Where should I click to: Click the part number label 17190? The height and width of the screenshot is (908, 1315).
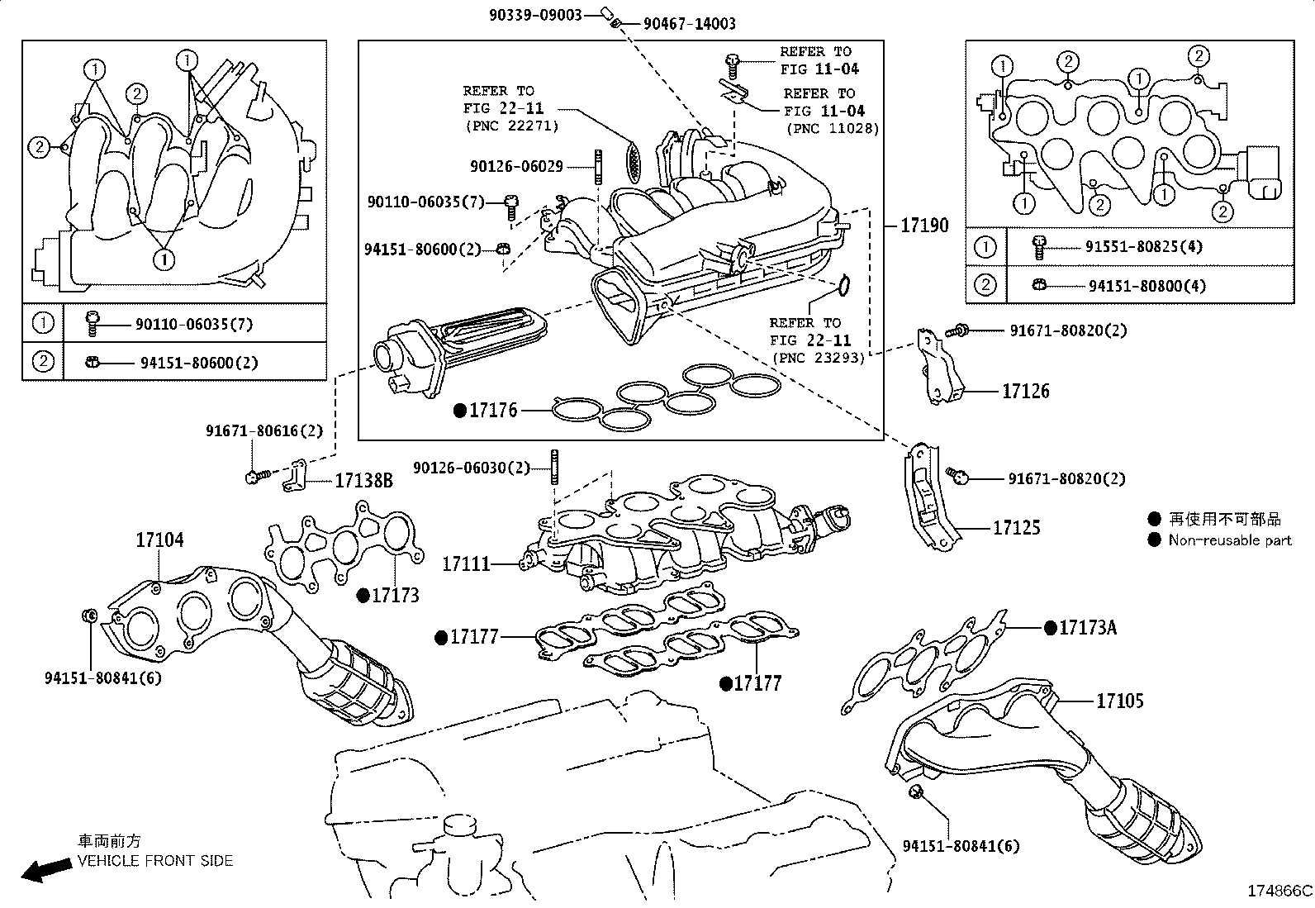click(x=924, y=225)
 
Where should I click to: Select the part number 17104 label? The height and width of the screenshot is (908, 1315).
click(x=160, y=540)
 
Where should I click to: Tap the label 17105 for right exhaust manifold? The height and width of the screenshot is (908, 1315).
click(x=1120, y=701)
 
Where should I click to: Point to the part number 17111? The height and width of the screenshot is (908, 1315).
click(x=467, y=563)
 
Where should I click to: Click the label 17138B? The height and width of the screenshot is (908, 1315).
click(x=363, y=480)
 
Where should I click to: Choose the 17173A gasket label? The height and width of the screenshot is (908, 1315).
click(x=1088, y=627)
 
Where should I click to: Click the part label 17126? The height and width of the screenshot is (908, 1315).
click(x=1026, y=391)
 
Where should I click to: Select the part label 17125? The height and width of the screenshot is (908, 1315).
click(x=1017, y=527)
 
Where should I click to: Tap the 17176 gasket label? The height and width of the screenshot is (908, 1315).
click(x=493, y=409)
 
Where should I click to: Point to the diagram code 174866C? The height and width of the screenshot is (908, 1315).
click(x=1279, y=891)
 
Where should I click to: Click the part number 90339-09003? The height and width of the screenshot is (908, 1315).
click(x=535, y=14)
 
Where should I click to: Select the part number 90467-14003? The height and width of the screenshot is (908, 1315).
click(x=689, y=24)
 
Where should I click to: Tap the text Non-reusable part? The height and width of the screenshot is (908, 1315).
click(x=1230, y=540)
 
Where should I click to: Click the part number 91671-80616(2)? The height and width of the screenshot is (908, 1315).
click(x=264, y=430)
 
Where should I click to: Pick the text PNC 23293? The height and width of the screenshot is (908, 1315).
click(x=818, y=358)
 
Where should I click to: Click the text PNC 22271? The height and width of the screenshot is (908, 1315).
click(x=512, y=126)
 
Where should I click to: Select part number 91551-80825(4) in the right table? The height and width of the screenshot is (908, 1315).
click(x=1144, y=246)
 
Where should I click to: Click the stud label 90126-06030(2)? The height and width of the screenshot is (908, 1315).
click(x=472, y=468)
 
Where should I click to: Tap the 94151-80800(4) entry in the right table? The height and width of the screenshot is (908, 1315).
click(x=1147, y=286)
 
